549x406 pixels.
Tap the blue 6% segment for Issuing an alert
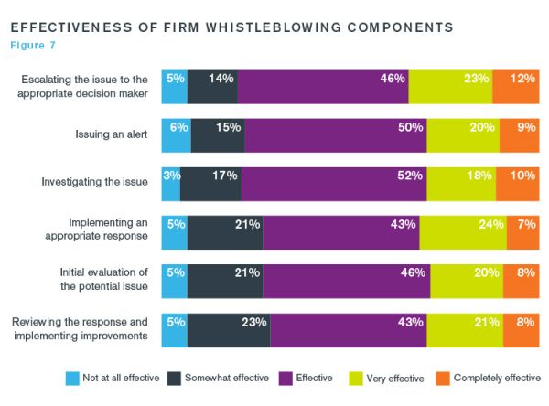click(176, 135)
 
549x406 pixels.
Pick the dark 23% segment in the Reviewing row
click(229, 330)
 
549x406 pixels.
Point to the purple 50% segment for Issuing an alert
click(336, 135)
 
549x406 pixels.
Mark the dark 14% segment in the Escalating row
click(212, 87)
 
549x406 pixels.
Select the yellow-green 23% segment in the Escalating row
click(450, 87)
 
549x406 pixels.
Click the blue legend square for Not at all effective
click(71, 378)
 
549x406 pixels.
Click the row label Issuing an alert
click(113, 134)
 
